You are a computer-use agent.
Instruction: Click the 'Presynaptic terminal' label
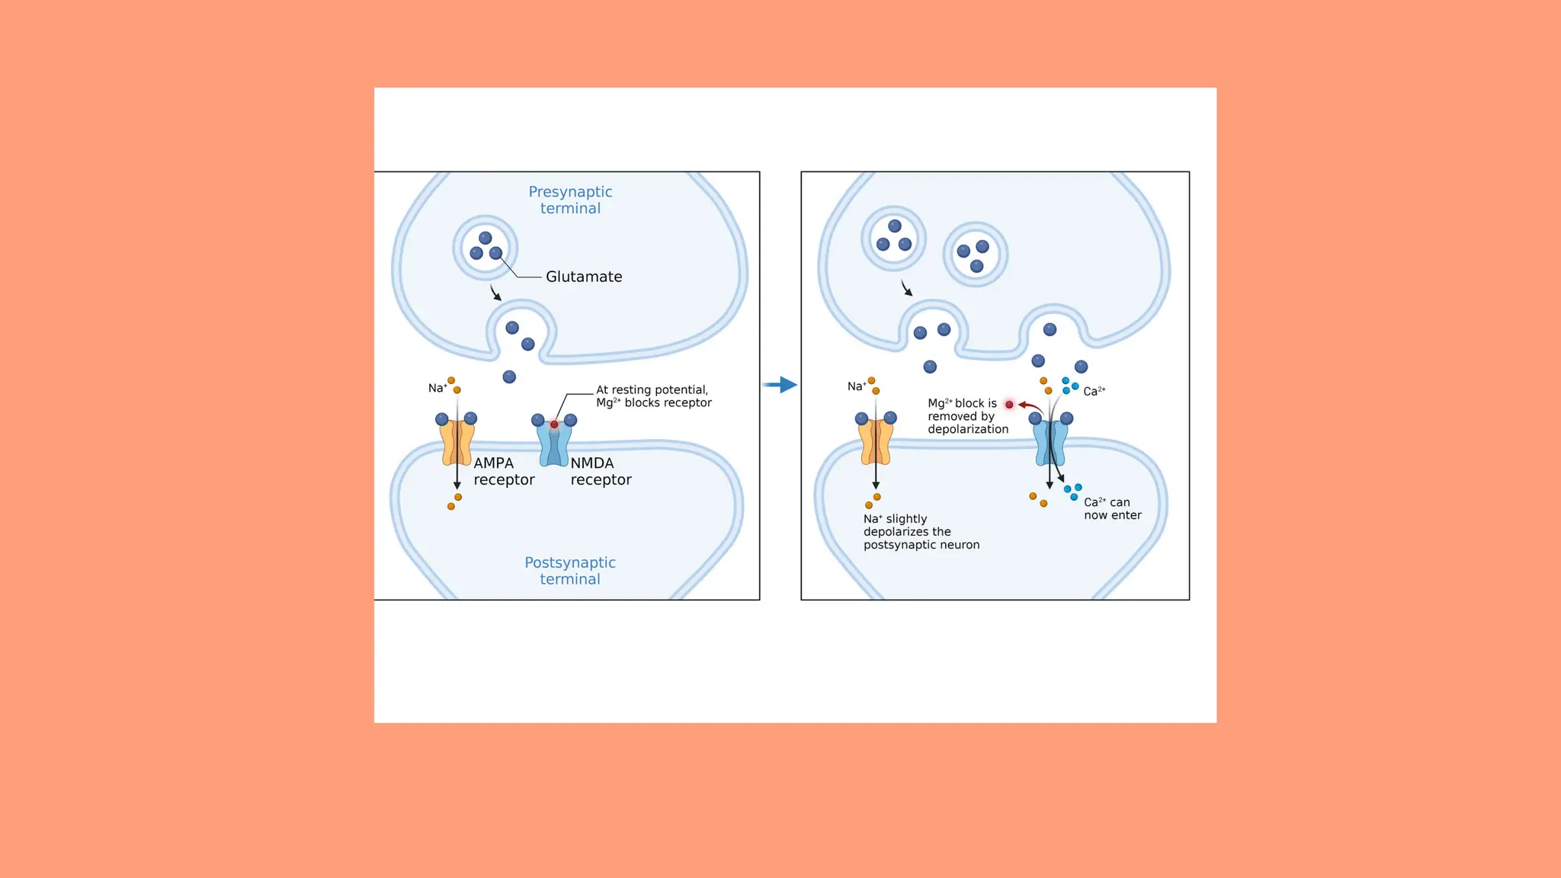(570, 200)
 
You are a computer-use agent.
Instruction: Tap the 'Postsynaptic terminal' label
(570, 571)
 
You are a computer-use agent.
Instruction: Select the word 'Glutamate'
(584, 277)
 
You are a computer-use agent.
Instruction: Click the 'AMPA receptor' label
(504, 471)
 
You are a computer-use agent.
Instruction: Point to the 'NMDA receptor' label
(601, 471)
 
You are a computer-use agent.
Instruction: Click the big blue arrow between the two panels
(780, 385)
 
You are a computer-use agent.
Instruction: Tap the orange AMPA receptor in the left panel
(457, 444)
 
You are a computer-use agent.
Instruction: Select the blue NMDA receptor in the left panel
(554, 446)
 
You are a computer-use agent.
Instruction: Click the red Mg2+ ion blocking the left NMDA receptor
(554, 425)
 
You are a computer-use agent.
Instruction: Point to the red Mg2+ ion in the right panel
(1009, 405)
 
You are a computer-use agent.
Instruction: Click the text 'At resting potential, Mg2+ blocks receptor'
(653, 396)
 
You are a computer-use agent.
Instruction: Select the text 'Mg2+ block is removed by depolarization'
(967, 416)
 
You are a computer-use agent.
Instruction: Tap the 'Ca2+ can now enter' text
(1112, 508)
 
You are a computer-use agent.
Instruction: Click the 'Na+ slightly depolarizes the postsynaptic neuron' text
(921, 532)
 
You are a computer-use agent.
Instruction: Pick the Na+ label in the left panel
(438, 388)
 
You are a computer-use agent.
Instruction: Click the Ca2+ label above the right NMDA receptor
(1094, 391)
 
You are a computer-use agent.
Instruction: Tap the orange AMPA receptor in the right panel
(876, 444)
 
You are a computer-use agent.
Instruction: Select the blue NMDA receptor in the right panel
(1050, 445)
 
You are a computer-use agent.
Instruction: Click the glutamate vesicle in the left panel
(486, 248)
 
